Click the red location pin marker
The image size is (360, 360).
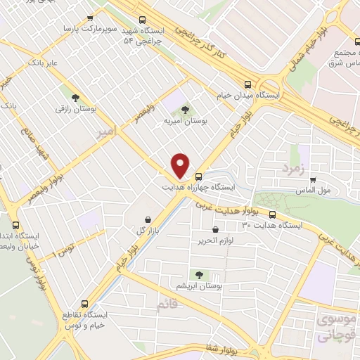(181, 165)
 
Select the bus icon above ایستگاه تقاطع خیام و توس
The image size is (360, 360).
(85, 304)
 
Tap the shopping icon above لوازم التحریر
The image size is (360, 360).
(214, 229)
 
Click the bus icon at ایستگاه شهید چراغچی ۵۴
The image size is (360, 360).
(143, 20)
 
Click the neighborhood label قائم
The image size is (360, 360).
(166, 304)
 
